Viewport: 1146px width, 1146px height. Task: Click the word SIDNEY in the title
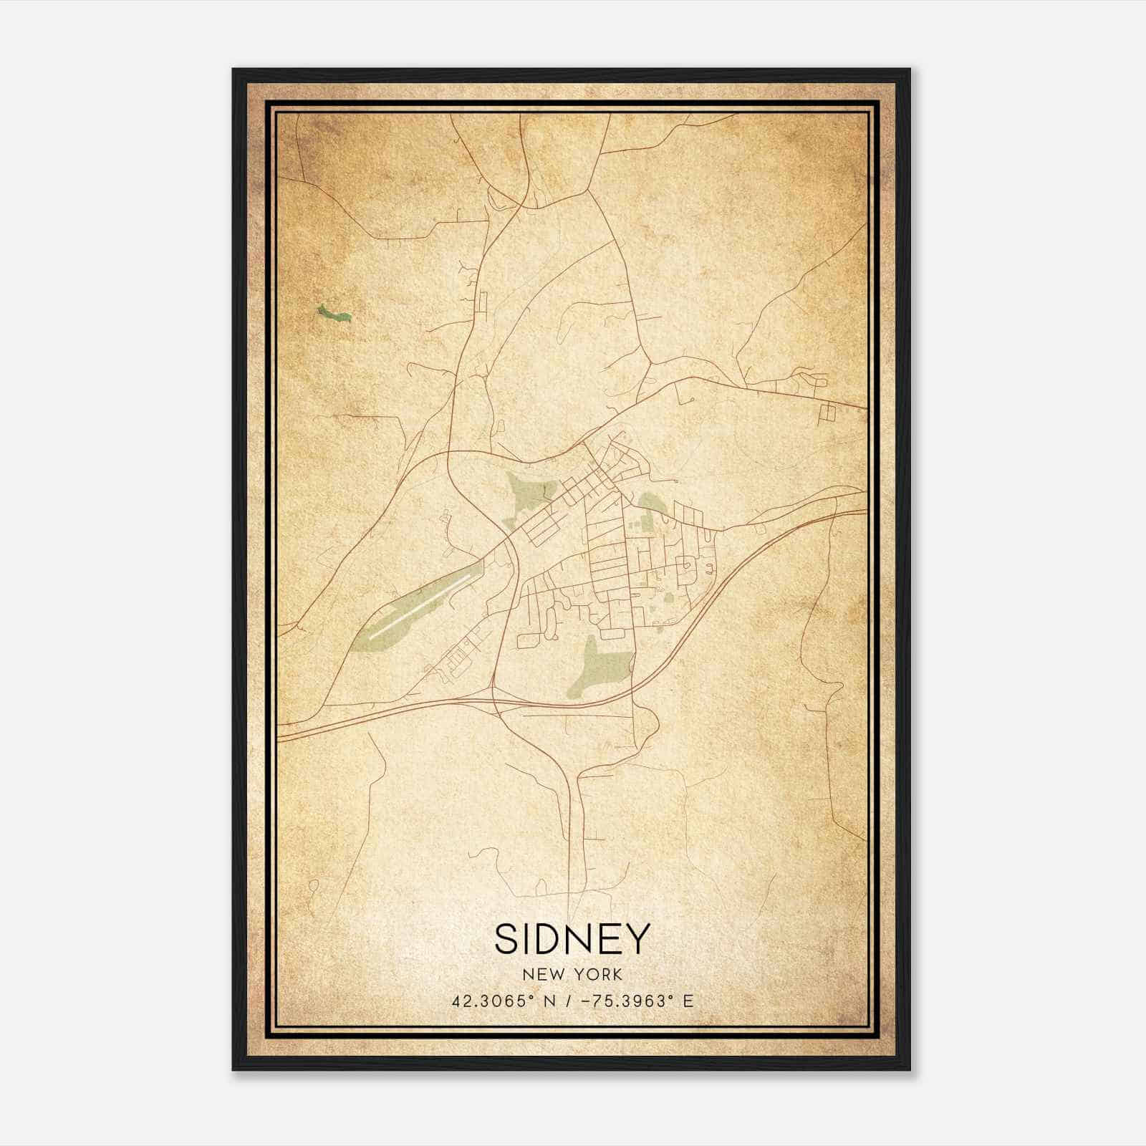click(x=572, y=938)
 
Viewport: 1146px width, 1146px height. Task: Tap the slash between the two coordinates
click(x=567, y=1001)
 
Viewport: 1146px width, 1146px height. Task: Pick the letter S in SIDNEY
click(x=505, y=938)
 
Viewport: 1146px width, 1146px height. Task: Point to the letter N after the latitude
click(x=549, y=1001)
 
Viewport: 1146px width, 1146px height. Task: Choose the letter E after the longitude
click(x=688, y=1001)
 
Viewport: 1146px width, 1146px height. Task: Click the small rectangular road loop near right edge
click(x=828, y=412)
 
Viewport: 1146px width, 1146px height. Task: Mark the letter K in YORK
click(x=617, y=974)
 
